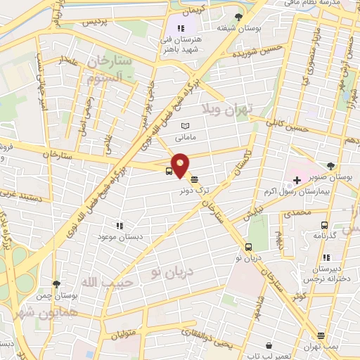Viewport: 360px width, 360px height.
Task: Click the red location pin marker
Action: (x=181, y=165)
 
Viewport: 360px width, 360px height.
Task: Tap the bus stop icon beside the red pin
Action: (x=169, y=171)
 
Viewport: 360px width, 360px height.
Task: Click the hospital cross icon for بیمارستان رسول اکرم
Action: (x=297, y=181)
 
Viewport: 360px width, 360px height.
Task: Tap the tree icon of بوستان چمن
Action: (x=56, y=283)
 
